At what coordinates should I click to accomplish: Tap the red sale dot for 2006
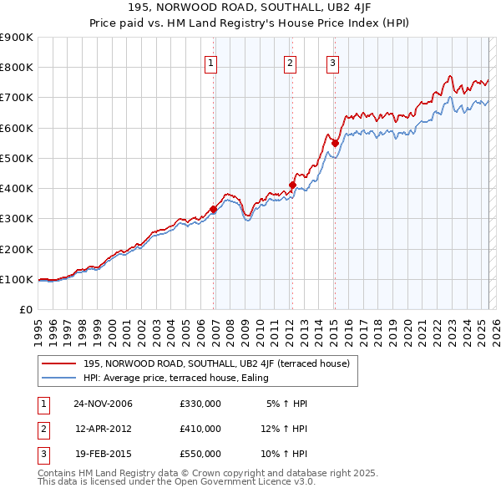[x=214, y=210]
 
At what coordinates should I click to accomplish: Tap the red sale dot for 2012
[x=293, y=186]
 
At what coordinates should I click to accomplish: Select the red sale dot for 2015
[x=335, y=143]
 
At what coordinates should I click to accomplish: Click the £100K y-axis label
[x=17, y=279]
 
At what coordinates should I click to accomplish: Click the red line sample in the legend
[x=59, y=363]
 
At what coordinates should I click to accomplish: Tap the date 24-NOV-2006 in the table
[x=104, y=404]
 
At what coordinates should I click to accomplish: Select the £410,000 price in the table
[x=200, y=429]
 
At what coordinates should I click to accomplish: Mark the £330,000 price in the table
[x=200, y=404]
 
